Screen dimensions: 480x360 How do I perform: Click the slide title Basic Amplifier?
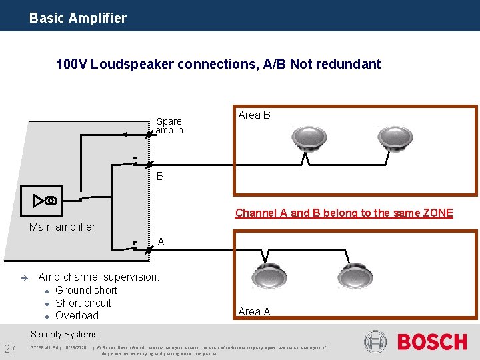[x=77, y=18]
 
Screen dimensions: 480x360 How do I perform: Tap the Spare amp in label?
[x=169, y=126]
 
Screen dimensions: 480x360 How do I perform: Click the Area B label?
[x=254, y=115]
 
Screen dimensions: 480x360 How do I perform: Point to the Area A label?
[x=254, y=311]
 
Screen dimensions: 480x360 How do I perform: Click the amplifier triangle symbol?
[x=41, y=201]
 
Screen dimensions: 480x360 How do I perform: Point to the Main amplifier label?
[x=62, y=227]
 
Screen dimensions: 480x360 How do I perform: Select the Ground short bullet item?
[x=86, y=290]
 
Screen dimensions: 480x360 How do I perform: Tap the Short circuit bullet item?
[x=83, y=303]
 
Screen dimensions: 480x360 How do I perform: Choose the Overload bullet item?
[x=77, y=315]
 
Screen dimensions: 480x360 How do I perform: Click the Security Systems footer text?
[x=64, y=335]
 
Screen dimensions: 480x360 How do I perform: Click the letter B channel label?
[x=160, y=177]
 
